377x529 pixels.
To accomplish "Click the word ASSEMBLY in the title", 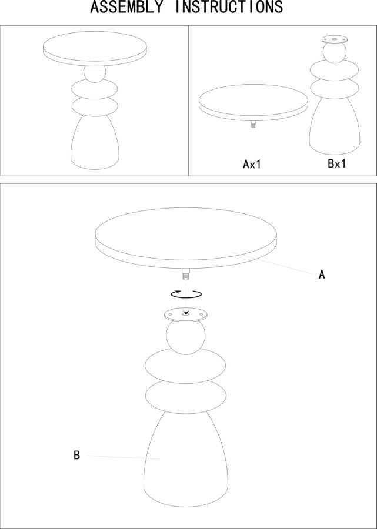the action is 126,6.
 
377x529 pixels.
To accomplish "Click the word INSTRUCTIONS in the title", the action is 229,6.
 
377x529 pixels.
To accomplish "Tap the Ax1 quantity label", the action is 252,164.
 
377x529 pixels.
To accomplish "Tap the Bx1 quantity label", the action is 336,163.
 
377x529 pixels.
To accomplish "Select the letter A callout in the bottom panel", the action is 322,274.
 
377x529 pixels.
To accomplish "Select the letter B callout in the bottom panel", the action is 77,455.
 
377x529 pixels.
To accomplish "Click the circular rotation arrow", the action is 186,294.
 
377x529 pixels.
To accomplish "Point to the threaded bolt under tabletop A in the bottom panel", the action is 186,274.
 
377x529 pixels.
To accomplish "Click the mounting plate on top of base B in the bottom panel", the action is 185,315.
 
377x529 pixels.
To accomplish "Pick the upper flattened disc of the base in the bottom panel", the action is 185,366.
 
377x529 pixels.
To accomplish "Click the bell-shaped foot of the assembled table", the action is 95,142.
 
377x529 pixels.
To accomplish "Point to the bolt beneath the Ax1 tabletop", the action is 253,124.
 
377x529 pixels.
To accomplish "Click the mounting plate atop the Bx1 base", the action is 334,40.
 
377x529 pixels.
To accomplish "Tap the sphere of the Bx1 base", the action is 334,53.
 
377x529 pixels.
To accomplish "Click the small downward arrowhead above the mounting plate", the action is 185,313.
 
